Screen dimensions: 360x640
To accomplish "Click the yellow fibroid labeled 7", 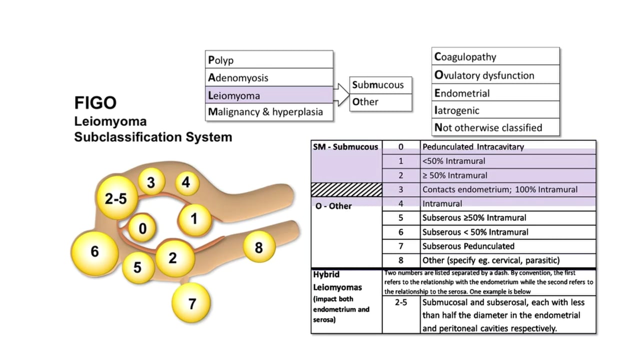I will (191, 302).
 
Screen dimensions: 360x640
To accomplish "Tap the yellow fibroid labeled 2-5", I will (115, 198).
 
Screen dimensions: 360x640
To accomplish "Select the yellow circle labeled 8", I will (258, 247).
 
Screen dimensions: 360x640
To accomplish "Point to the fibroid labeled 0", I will (143, 229).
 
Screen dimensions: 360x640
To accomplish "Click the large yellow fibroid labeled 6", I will (94, 251).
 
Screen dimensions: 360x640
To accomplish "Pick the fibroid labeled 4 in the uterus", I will (186, 182).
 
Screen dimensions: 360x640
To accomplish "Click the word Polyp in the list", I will (221, 60).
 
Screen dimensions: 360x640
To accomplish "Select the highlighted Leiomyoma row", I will (269, 94).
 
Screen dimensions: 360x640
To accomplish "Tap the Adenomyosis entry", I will (238, 77).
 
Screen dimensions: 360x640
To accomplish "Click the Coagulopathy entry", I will (465, 56).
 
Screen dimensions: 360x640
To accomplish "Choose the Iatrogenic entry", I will (456, 110).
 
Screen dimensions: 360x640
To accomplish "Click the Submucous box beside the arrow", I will (380, 84).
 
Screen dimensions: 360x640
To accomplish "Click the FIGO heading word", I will (95, 103).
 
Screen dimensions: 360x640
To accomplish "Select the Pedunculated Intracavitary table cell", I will (472, 147).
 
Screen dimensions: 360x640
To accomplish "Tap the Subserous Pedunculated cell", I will (468, 246).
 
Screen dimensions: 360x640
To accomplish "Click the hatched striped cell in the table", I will (346, 189).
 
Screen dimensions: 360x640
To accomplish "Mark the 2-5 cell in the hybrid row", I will (400, 302).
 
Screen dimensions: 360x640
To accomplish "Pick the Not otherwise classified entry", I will (488, 127).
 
